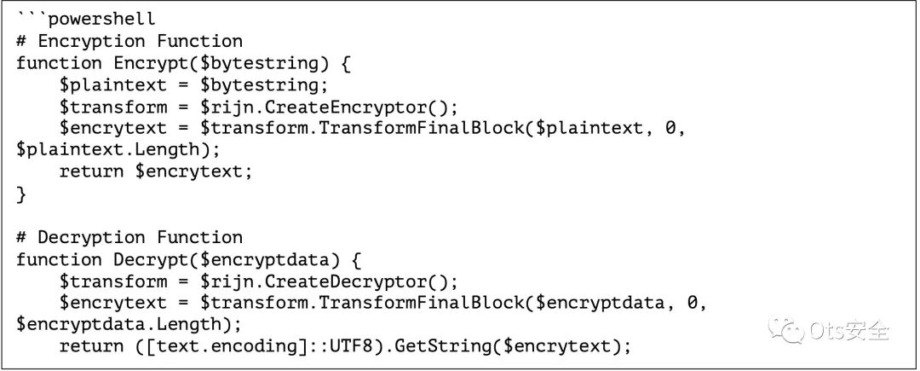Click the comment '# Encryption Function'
[x=129, y=41]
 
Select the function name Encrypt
[x=145, y=63]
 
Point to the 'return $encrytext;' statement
[x=157, y=171]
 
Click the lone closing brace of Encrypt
[x=21, y=194]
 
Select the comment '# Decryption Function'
[x=129, y=237]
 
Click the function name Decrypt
[x=145, y=259]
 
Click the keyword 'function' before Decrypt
[x=59, y=259]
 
